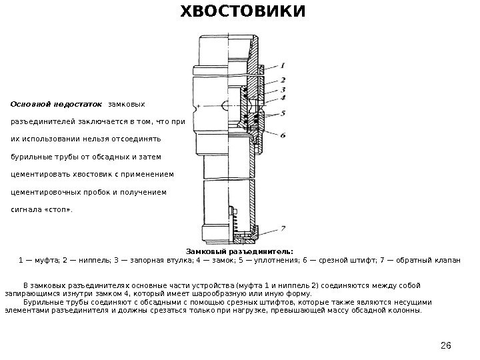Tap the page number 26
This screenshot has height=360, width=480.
(x=447, y=345)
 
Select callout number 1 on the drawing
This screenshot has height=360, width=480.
(x=282, y=65)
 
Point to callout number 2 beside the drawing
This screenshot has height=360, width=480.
(x=283, y=79)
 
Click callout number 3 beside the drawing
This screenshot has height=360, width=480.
(x=283, y=89)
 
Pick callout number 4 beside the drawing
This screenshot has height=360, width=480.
(x=283, y=97)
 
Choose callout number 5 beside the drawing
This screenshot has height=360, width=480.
(x=283, y=113)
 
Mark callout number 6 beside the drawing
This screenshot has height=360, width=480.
(x=283, y=135)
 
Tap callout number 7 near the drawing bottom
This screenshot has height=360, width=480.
(x=283, y=228)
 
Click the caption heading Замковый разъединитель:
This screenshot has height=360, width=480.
(x=239, y=251)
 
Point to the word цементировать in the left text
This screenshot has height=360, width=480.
(x=41, y=175)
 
